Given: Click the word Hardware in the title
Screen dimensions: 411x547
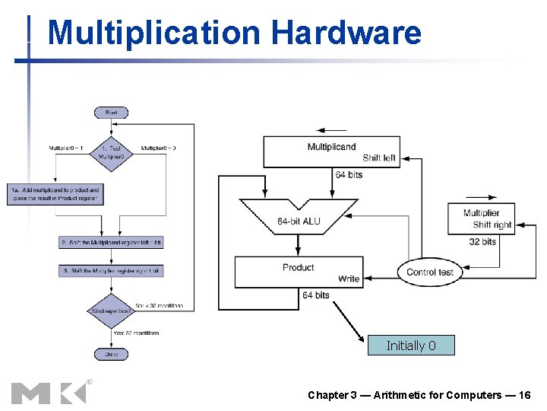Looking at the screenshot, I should [x=346, y=33].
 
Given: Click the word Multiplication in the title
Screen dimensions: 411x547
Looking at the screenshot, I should [x=153, y=33].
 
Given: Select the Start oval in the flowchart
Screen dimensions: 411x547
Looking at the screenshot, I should [x=111, y=113].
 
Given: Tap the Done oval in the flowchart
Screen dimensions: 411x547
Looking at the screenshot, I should [x=111, y=354].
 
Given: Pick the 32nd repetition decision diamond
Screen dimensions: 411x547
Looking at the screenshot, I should [x=111, y=311].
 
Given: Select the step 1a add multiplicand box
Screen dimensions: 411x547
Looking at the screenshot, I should [x=55, y=193].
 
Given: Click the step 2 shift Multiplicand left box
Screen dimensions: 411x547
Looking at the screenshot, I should [x=111, y=242].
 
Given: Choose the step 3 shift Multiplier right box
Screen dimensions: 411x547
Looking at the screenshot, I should [x=111, y=271].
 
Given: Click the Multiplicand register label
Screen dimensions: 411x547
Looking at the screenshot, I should [x=331, y=146].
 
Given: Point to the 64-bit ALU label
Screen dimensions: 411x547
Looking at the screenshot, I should [x=299, y=221].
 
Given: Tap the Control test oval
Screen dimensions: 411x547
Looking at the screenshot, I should [x=430, y=272].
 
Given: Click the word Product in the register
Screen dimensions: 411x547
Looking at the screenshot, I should [x=299, y=267].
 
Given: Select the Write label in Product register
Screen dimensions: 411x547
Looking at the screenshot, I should [x=349, y=279].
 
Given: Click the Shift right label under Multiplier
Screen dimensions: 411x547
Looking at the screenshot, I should [x=492, y=225].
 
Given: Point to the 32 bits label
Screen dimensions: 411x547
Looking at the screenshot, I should [x=482, y=241].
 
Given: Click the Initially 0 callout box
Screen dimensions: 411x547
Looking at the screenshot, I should [x=411, y=346].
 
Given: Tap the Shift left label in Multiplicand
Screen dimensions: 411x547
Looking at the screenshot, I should [x=378, y=158].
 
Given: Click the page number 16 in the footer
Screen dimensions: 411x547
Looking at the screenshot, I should [x=523, y=395].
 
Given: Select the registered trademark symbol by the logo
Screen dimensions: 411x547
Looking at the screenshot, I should [x=89, y=381].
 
